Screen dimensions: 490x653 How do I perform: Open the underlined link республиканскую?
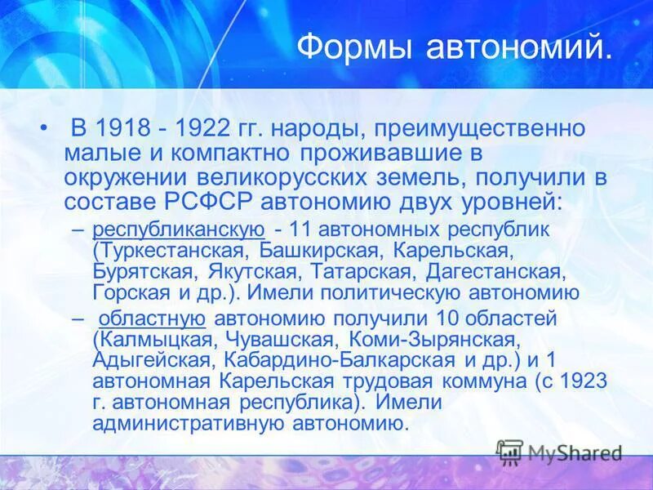tap(179, 230)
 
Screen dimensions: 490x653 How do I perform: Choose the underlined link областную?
tap(152, 318)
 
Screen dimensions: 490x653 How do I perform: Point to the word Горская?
tap(134, 292)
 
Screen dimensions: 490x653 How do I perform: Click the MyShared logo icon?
tap(510, 451)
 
